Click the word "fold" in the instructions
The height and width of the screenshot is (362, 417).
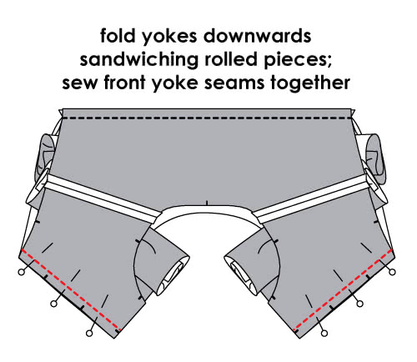(x=118, y=36)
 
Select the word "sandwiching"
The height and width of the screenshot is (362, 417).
(x=139, y=59)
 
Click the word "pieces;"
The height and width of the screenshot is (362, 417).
(x=298, y=60)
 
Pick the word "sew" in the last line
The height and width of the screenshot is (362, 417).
(x=80, y=83)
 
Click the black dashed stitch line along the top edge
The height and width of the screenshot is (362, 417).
(x=207, y=118)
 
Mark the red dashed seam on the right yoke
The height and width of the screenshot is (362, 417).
(x=343, y=289)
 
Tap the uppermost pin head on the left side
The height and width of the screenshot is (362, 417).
(x=21, y=272)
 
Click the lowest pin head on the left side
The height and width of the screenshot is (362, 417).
(x=89, y=333)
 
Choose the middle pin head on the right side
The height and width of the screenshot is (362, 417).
(x=359, y=304)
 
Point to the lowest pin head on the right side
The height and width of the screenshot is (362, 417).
(x=324, y=333)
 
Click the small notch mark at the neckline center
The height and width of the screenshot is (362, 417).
(x=207, y=203)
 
